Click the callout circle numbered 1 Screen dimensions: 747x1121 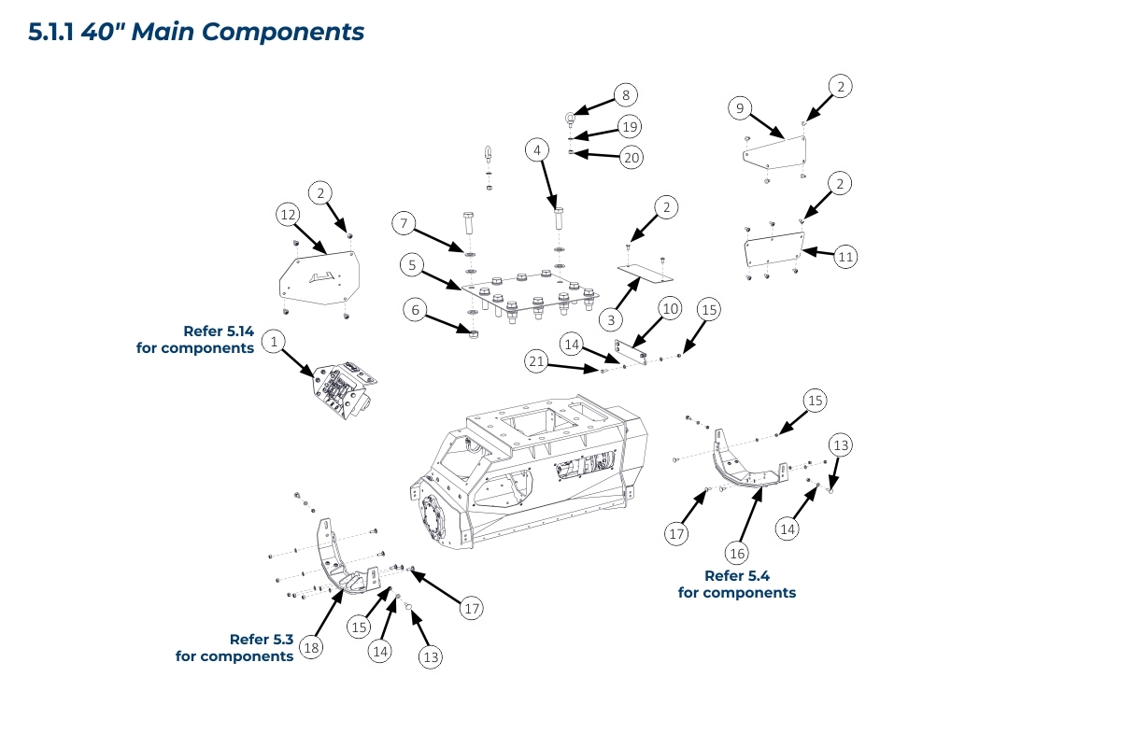(274, 343)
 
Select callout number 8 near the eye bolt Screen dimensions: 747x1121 (625, 94)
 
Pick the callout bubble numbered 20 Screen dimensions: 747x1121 (631, 158)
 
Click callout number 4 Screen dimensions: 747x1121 (536, 149)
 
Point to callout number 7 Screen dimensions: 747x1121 (404, 223)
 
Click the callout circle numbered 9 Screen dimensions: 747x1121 (740, 109)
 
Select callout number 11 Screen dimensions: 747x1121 (845, 256)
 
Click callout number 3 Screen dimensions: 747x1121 (611, 319)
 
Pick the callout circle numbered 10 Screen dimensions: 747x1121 (669, 307)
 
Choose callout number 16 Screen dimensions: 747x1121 (737, 554)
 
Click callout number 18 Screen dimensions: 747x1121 (311, 647)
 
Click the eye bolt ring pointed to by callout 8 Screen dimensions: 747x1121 (570, 117)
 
